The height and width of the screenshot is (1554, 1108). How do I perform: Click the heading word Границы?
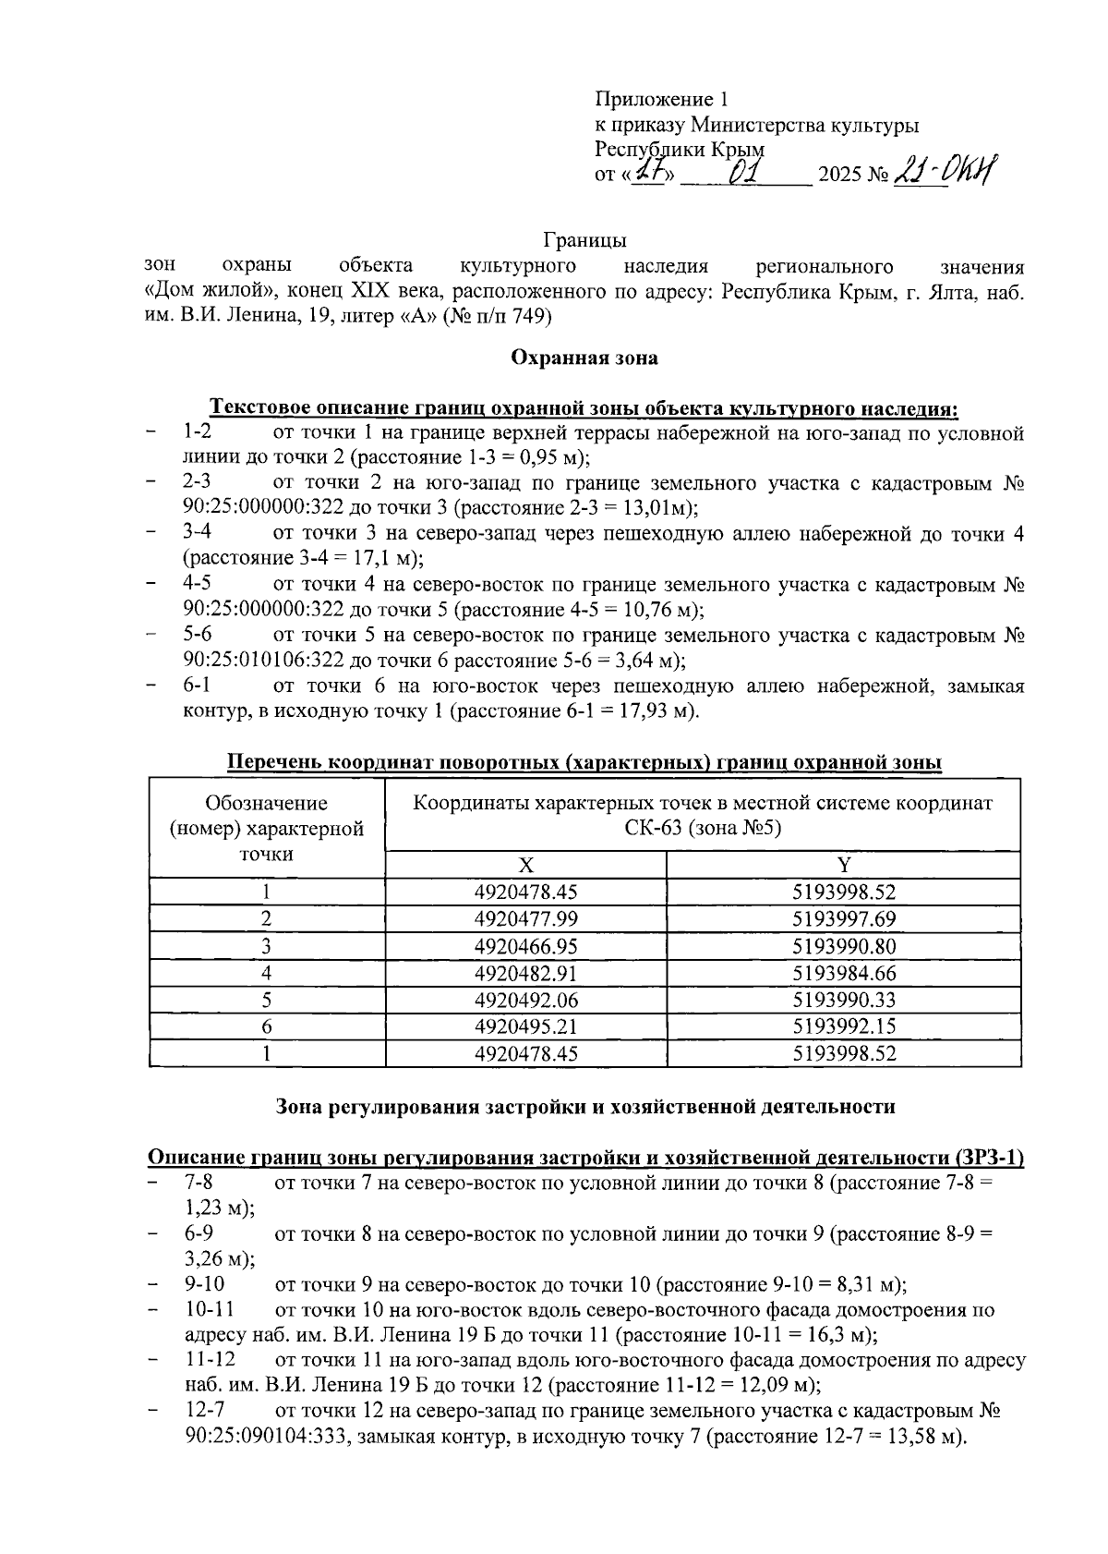(584, 241)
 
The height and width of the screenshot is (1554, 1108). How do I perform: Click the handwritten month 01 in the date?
(743, 173)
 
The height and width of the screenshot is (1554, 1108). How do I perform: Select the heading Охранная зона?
(584, 358)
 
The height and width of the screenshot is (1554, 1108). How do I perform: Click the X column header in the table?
(525, 865)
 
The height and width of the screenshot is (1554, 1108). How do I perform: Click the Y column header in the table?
(843, 865)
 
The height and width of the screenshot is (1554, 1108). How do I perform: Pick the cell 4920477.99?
(525, 919)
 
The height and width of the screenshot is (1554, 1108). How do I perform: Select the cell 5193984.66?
(843, 973)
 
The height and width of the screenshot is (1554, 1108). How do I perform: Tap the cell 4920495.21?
(525, 1026)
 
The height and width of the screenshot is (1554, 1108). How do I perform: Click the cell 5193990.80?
(843, 946)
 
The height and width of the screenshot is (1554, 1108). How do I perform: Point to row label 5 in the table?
(266, 1000)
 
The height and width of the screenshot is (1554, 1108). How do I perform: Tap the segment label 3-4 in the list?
(198, 533)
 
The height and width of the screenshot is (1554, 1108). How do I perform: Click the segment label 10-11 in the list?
(209, 1309)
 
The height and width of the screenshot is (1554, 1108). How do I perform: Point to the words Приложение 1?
(661, 99)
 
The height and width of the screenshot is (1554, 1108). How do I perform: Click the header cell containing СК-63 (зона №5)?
(702, 828)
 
